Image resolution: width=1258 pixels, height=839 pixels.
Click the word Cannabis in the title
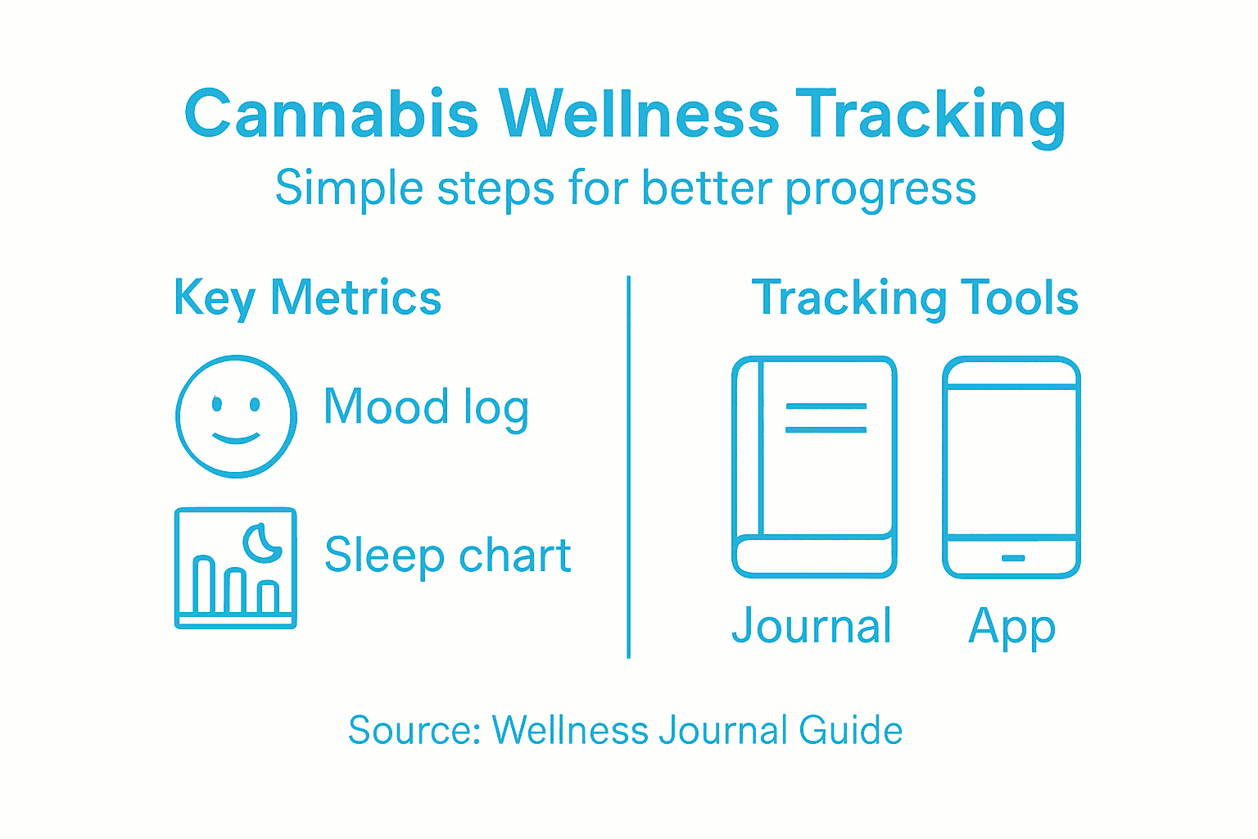click(331, 114)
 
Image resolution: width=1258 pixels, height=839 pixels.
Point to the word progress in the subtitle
click(880, 190)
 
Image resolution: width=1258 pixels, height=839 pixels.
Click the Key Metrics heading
click(307, 297)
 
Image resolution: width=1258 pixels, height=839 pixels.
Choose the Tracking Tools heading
click(914, 297)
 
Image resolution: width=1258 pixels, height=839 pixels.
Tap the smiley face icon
click(236, 416)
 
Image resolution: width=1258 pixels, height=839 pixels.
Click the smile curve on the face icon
click(236, 438)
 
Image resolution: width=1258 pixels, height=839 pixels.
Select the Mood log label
click(426, 407)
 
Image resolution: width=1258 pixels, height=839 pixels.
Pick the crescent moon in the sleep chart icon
click(263, 543)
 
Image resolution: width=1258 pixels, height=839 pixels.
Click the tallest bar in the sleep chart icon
click(204, 585)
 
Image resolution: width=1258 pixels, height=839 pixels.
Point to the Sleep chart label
click(447, 556)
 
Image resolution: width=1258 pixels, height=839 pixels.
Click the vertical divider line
click(628, 467)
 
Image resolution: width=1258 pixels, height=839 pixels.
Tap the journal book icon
click(814, 467)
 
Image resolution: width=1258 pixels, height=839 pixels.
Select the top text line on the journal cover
click(826, 406)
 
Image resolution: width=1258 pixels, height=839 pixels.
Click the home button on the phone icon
click(1012, 558)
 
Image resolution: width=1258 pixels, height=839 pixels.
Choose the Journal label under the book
click(811, 627)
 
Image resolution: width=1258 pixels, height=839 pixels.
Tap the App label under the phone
click(1011, 628)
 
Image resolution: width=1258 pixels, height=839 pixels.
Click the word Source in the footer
click(414, 730)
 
